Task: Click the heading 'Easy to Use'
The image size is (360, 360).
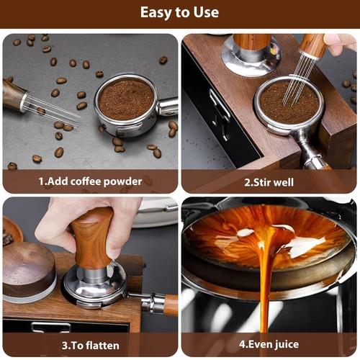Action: (x=179, y=13)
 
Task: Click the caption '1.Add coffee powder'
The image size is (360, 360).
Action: (x=90, y=181)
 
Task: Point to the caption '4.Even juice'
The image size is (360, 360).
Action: (x=269, y=345)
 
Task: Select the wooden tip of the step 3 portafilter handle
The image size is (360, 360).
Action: (x=171, y=305)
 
